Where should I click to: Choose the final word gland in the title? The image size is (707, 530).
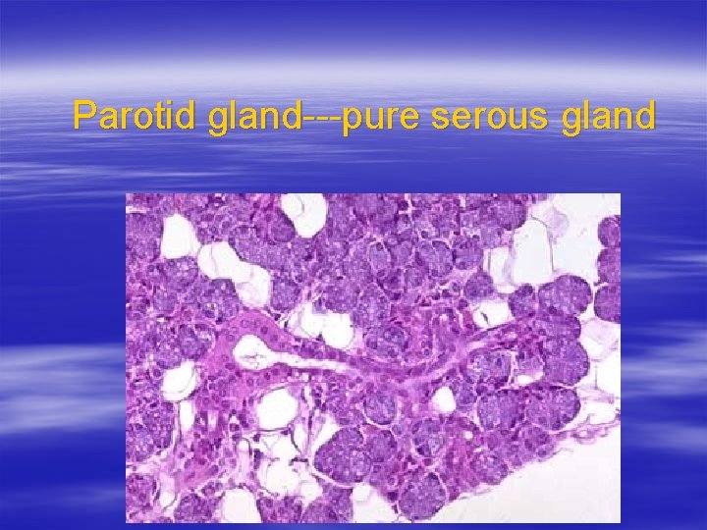click(609, 116)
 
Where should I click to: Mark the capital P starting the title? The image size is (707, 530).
click(84, 116)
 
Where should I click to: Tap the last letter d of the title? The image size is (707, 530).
click(644, 116)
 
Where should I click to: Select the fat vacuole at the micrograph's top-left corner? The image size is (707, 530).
click(177, 236)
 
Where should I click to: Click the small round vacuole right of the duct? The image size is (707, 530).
click(444, 399)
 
